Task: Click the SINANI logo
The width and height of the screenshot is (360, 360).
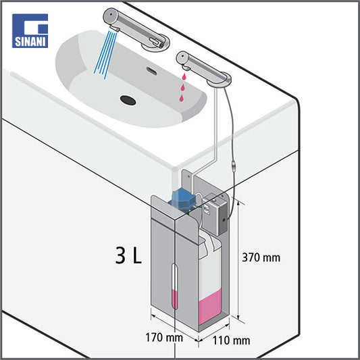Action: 30,31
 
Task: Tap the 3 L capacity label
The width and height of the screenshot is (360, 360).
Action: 128,255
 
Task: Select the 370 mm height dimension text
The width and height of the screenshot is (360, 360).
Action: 261,257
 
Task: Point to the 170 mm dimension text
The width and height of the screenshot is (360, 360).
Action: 164,338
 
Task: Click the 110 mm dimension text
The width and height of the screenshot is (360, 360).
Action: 232,340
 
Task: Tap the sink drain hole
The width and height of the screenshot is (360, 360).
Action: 128,100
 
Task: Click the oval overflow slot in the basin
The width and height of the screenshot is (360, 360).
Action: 152,71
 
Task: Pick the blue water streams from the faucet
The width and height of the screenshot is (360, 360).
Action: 105,55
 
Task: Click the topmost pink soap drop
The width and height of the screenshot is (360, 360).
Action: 184,77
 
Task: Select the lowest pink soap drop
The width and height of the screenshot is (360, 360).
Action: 182,98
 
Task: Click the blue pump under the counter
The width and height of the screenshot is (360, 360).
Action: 182,200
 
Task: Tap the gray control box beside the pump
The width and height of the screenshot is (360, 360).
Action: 215,213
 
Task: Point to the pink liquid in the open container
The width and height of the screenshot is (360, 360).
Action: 210,307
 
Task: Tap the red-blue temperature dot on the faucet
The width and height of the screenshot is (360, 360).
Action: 162,45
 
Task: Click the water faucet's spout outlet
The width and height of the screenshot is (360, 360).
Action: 115,28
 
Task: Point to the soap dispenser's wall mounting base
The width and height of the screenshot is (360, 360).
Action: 220,80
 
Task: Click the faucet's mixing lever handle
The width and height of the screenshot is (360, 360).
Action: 155,41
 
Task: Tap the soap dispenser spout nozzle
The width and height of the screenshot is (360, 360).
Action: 186,68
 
